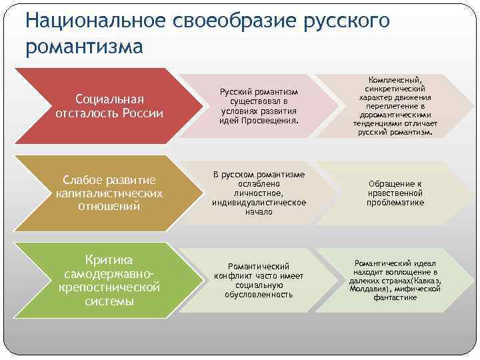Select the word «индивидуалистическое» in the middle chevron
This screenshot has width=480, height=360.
(259, 202)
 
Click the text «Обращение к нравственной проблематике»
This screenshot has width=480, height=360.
(395, 193)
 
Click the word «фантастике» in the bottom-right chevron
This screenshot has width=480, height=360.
(395, 297)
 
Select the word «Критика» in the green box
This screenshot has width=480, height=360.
(109, 259)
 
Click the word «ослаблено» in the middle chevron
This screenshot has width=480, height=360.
(259, 183)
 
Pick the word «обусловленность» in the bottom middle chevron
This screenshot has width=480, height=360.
(259, 294)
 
